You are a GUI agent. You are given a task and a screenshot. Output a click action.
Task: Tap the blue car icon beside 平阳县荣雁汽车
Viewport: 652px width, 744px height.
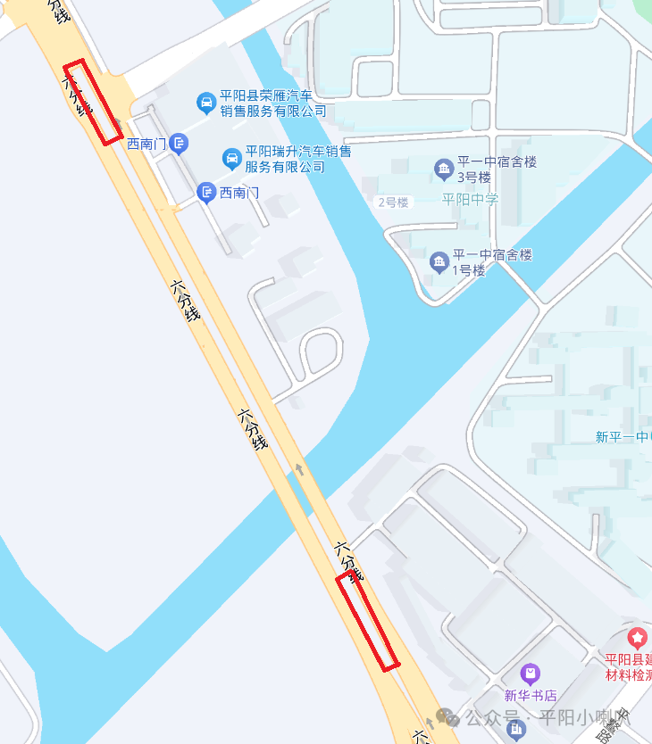206,103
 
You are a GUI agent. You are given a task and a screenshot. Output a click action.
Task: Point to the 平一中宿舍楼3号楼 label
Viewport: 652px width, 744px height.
497,169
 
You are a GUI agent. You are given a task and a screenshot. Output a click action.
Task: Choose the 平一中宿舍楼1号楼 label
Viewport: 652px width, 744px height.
492,262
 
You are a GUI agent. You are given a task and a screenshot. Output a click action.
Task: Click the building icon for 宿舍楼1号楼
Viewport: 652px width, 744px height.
439,262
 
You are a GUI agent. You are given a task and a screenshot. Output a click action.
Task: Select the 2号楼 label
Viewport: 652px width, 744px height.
392,203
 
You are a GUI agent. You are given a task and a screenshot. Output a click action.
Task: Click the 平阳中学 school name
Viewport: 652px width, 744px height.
470,199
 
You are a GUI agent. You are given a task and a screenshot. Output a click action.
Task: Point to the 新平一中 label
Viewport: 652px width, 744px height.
623,436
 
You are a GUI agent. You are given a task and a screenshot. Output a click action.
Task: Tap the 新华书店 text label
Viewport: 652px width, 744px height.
531,695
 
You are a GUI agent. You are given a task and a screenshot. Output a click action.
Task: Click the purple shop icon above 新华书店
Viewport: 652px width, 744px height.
531,674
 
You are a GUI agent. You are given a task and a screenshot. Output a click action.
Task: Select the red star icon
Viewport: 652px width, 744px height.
637,638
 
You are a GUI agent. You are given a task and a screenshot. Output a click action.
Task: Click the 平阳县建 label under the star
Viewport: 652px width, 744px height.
629,667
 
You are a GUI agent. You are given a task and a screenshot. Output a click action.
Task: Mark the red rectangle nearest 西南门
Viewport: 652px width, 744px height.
93,103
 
